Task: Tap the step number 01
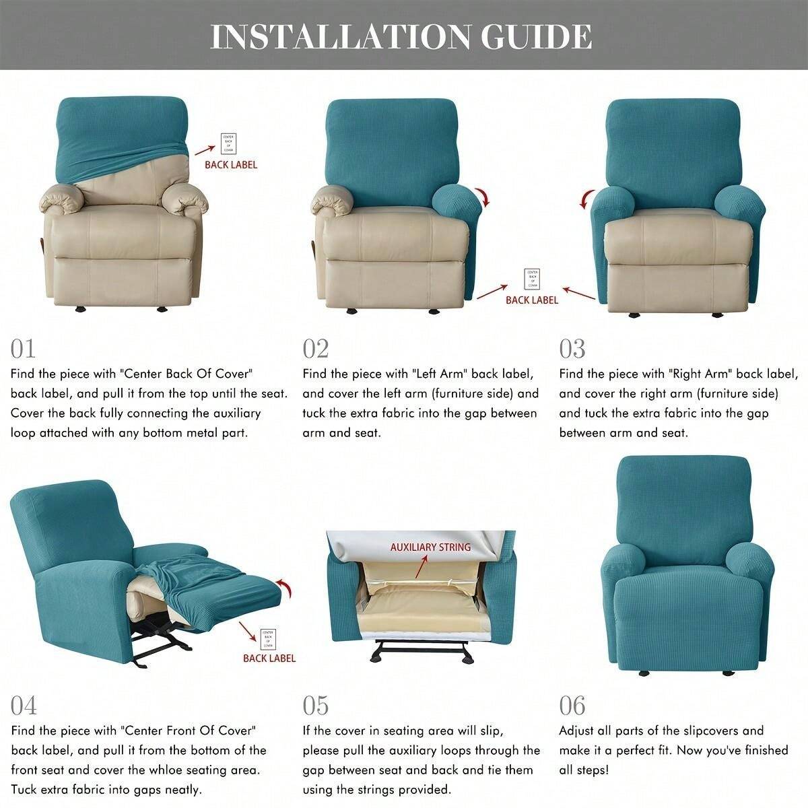[x=23, y=349]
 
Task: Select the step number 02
[x=315, y=349]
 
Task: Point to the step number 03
[x=572, y=349]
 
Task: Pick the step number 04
[x=24, y=706]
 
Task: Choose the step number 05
[x=316, y=706]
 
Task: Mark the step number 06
[x=572, y=706]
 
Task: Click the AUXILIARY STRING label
[x=430, y=547]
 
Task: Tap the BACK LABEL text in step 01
[x=231, y=164]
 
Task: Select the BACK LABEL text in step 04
[x=269, y=658]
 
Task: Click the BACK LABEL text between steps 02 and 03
[x=532, y=300]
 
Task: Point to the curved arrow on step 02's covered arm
[x=483, y=198]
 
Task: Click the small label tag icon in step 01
[x=229, y=144]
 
